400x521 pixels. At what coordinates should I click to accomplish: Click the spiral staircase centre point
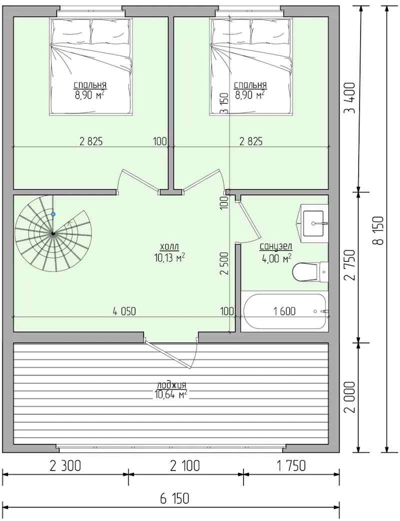53,234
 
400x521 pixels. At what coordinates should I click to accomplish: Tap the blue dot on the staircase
53,214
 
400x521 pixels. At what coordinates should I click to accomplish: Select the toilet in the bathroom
310,272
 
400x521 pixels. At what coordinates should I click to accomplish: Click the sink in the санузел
313,223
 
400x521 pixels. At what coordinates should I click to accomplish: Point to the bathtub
285,311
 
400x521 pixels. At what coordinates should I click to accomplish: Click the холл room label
169,247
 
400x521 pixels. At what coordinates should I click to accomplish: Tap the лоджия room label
171,385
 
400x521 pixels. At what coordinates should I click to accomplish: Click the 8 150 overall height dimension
378,230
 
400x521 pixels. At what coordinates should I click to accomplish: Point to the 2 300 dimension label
65,465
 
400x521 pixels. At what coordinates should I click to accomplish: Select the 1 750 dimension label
291,465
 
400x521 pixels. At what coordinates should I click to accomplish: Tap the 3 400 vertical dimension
349,98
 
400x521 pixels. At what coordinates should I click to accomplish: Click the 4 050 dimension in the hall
124,311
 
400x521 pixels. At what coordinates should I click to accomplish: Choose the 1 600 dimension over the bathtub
284,311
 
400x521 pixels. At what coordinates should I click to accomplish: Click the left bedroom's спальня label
90,86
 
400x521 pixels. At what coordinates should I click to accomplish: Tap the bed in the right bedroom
251,67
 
